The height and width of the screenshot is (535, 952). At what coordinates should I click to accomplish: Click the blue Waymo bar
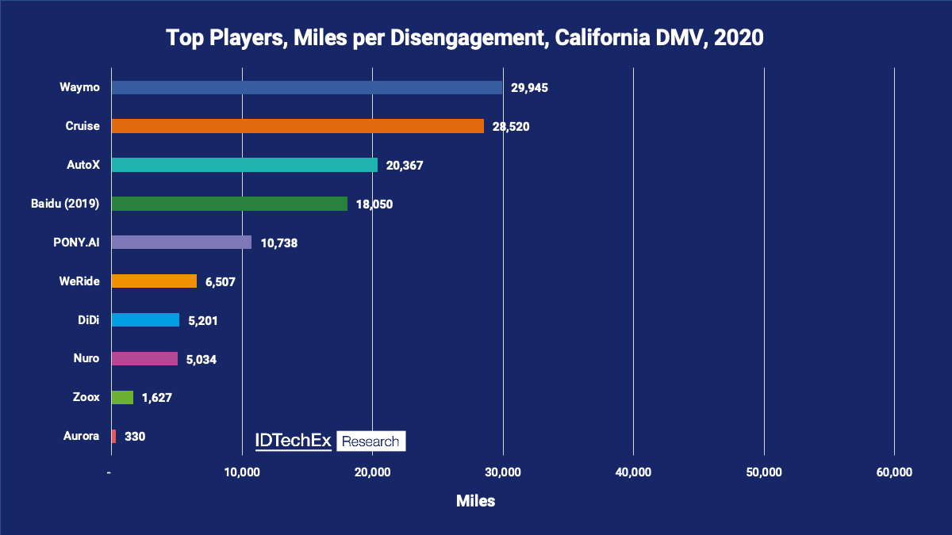(x=306, y=87)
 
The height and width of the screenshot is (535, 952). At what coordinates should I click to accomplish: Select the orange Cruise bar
(x=297, y=126)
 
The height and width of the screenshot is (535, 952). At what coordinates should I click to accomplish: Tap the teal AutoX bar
(x=244, y=165)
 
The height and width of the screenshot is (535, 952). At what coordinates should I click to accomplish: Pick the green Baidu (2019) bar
(x=229, y=204)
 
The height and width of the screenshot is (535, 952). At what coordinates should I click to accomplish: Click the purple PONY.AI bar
(x=181, y=243)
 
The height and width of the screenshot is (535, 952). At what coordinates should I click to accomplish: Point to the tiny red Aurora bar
(x=113, y=436)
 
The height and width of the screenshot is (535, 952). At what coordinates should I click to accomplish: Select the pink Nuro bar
(x=144, y=359)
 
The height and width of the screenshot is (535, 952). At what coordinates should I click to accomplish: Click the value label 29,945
(x=529, y=88)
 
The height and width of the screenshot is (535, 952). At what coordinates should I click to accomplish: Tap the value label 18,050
(x=373, y=204)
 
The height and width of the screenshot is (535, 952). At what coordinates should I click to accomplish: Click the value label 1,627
(x=156, y=398)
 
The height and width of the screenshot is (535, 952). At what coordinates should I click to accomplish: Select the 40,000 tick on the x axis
(x=633, y=472)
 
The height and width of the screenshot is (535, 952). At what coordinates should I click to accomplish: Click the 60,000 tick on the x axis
(x=894, y=472)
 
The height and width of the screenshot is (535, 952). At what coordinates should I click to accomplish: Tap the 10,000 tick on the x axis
(x=242, y=472)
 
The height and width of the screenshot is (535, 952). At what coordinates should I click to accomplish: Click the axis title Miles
(x=476, y=501)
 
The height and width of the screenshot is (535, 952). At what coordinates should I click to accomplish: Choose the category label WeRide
(x=79, y=281)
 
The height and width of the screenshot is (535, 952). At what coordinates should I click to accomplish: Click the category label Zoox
(x=86, y=397)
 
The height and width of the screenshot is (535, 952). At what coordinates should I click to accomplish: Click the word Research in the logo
(x=370, y=441)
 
